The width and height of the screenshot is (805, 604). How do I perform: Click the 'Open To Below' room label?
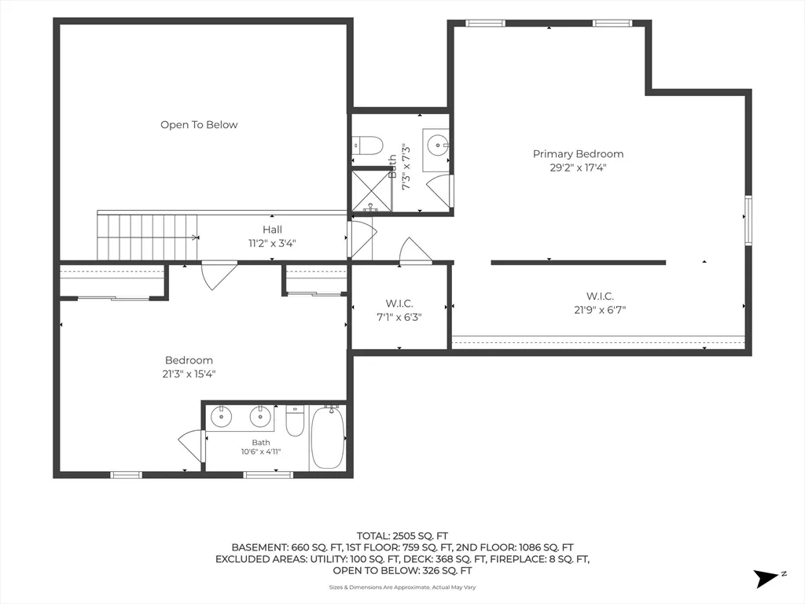coord(199,125)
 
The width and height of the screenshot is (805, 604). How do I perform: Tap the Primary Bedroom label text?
coord(578,154)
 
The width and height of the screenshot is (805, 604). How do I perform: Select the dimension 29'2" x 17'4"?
coord(578,168)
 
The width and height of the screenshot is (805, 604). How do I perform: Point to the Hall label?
coord(272,230)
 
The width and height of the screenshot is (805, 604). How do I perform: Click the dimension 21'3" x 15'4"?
coord(189,374)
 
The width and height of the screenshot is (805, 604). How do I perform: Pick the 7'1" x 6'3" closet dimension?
coord(399,318)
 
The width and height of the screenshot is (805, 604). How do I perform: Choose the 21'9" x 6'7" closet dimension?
coord(600,310)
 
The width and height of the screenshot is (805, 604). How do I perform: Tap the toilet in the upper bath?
coord(368,145)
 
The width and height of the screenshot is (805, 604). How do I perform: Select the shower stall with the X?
coord(371,190)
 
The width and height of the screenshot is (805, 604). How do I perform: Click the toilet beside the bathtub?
coord(295,421)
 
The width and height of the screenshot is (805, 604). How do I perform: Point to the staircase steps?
coord(147,238)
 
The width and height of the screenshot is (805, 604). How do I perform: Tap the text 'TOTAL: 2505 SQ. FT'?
coord(402,536)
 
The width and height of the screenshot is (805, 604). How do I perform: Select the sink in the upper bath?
coord(438,145)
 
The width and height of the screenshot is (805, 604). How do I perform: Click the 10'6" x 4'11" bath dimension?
coord(261,452)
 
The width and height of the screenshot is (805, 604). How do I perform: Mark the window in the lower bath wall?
coord(268,474)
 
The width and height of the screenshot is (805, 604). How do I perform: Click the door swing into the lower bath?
coord(191,444)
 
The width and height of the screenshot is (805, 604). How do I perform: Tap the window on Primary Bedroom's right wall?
coord(748,220)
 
